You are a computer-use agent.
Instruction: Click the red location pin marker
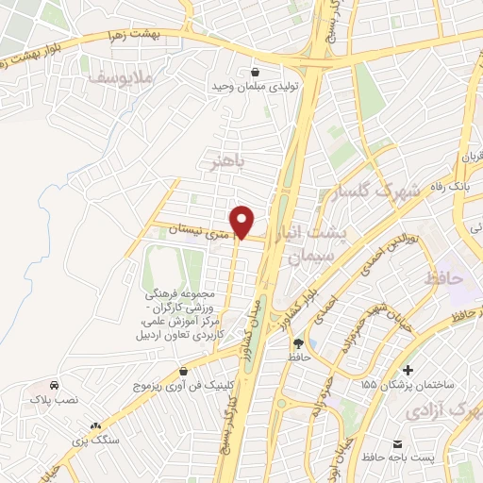point(242,222)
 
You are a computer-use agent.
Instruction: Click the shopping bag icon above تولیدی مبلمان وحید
point(256,70)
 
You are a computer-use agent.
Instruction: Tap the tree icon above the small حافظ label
point(299,343)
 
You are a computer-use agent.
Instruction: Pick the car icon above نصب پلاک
point(55,386)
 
